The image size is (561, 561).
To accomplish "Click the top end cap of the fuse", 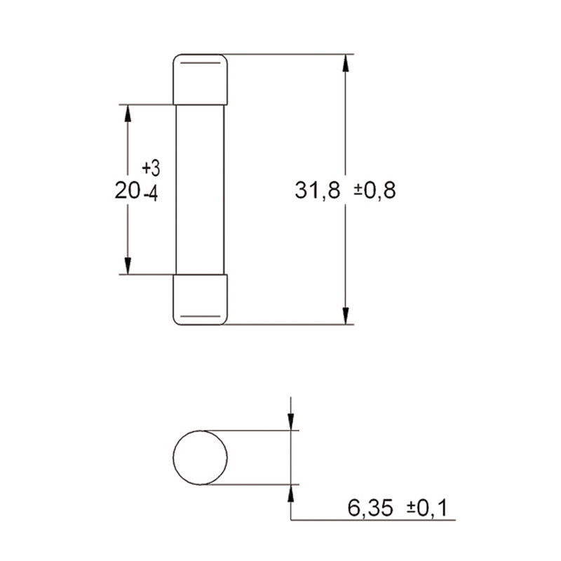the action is pyautogui.click(x=201, y=79).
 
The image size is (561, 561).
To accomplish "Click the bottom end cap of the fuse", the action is pyautogui.click(x=201, y=300).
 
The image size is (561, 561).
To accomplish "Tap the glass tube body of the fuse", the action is pyautogui.click(x=201, y=189).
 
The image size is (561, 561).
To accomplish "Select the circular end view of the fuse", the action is pyautogui.click(x=201, y=458).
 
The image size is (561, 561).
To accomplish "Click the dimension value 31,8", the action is pyautogui.click(x=318, y=190).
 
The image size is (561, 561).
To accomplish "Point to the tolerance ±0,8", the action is pyautogui.click(x=375, y=190).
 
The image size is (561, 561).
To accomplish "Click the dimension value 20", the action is pyautogui.click(x=127, y=190).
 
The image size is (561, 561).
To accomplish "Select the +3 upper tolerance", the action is pyautogui.click(x=151, y=168).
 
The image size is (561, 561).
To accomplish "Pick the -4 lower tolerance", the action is pyautogui.click(x=151, y=195).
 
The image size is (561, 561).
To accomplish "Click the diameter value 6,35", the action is pyautogui.click(x=370, y=508).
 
